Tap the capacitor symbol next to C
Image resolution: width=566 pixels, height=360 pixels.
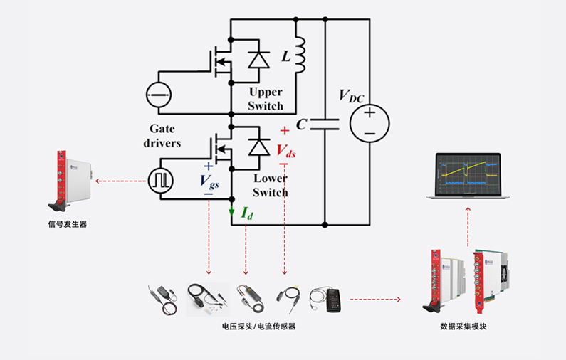tap(325, 124)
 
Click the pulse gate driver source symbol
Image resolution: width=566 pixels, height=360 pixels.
tap(160, 179)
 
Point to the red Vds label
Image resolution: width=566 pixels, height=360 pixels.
tap(286, 151)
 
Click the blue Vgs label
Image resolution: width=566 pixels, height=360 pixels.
tap(210, 181)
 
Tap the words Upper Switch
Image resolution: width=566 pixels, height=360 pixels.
tap(266, 99)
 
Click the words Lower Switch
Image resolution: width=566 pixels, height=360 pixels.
tap(270, 186)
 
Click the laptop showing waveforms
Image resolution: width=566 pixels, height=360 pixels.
tap(463, 176)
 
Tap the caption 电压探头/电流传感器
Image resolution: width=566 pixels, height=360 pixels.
tap(258, 327)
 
